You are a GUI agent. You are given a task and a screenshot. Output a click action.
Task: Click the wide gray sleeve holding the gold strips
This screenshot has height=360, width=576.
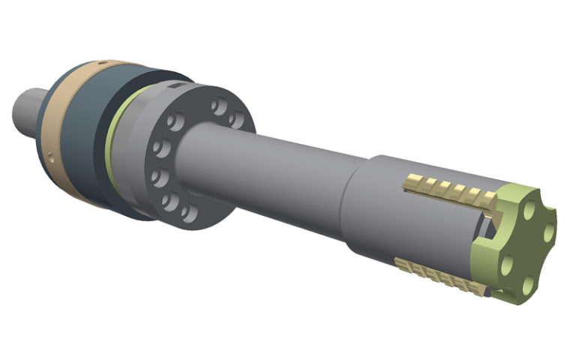pos(382,210)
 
